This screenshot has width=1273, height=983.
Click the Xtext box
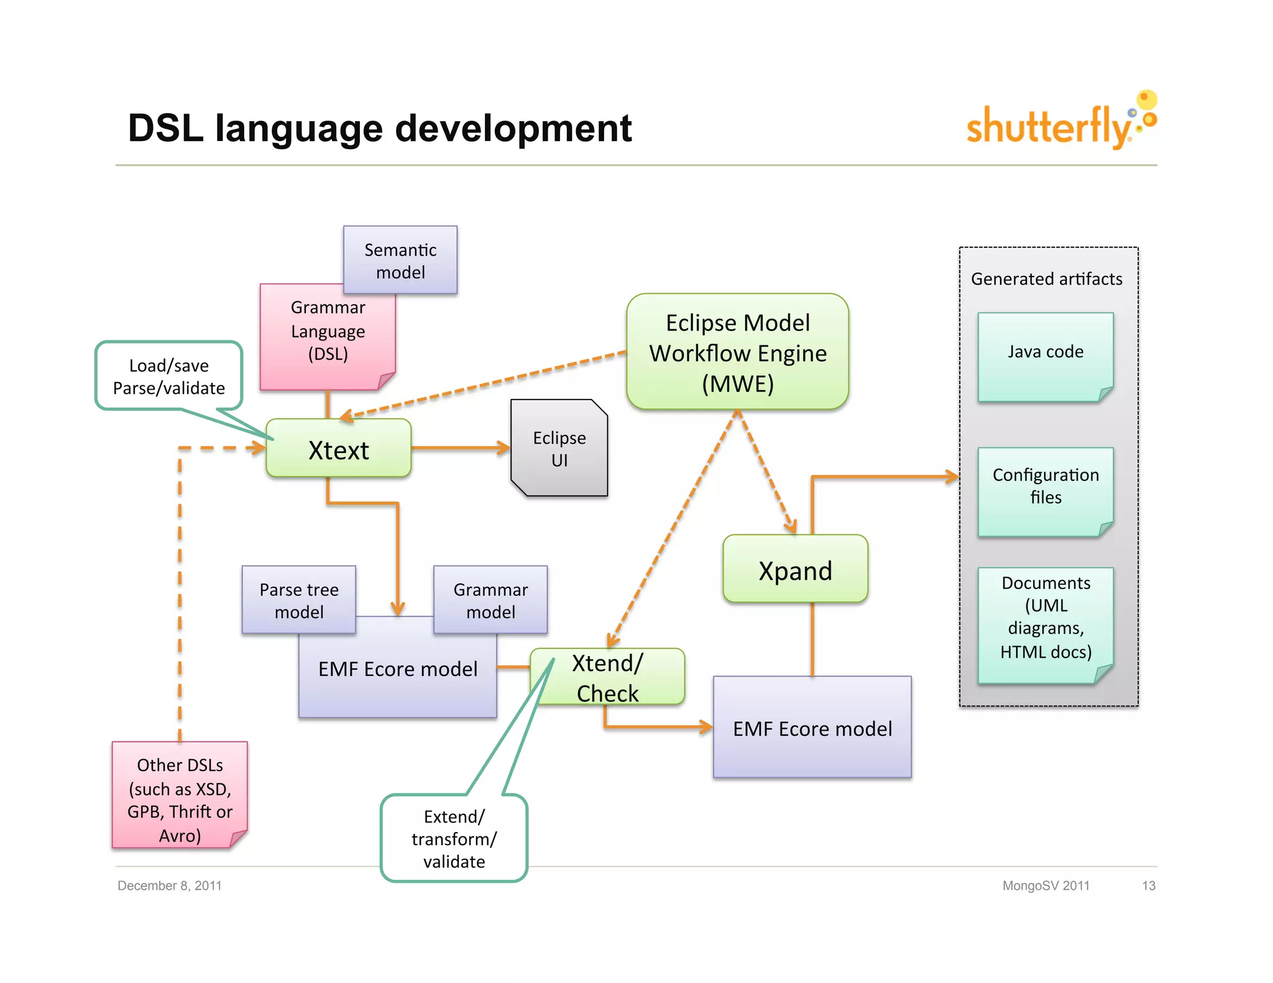point(338,449)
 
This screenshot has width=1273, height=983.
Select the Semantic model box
point(400,260)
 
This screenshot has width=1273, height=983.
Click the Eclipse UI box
point(559,449)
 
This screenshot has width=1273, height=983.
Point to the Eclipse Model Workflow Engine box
point(738,352)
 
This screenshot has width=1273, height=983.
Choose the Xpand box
point(795,570)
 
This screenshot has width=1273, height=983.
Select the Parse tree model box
point(298,600)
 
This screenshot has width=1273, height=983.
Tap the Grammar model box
point(490,600)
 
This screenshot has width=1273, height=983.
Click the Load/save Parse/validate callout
point(168,376)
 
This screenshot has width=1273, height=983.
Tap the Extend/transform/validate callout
point(454,838)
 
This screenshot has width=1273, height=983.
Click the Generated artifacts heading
point(1047,279)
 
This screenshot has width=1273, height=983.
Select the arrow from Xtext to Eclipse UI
point(460,447)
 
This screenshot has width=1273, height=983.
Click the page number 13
point(1148,885)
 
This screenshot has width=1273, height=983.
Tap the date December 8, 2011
point(170,885)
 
